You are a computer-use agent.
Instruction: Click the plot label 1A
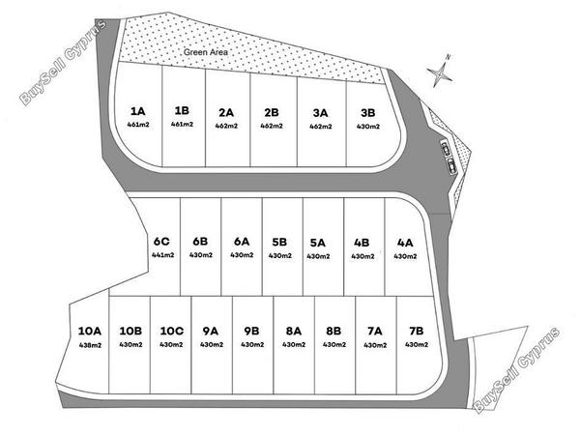(x=138, y=111)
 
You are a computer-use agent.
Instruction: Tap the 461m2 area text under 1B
(x=182, y=125)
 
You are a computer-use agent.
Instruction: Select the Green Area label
(x=206, y=52)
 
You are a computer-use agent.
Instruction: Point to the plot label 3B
(x=368, y=112)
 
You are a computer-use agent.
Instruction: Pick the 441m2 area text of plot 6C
(x=163, y=255)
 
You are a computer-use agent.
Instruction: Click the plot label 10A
(x=90, y=331)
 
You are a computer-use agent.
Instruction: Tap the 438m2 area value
(x=90, y=345)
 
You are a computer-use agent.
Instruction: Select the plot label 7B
(x=417, y=331)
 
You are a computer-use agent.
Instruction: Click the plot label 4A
(x=405, y=243)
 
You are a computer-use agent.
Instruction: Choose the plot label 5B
(x=279, y=242)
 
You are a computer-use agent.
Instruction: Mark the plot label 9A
(x=211, y=331)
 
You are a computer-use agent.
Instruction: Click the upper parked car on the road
(x=446, y=148)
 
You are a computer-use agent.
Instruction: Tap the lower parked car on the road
(x=451, y=165)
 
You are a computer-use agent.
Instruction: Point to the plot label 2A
(x=226, y=112)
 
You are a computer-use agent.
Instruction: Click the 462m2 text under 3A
(x=321, y=127)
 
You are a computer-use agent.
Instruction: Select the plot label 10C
(x=172, y=331)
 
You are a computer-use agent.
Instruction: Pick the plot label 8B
(x=333, y=331)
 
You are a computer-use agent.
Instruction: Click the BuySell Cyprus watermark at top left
(x=63, y=62)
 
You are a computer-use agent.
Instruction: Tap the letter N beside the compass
(x=449, y=57)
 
